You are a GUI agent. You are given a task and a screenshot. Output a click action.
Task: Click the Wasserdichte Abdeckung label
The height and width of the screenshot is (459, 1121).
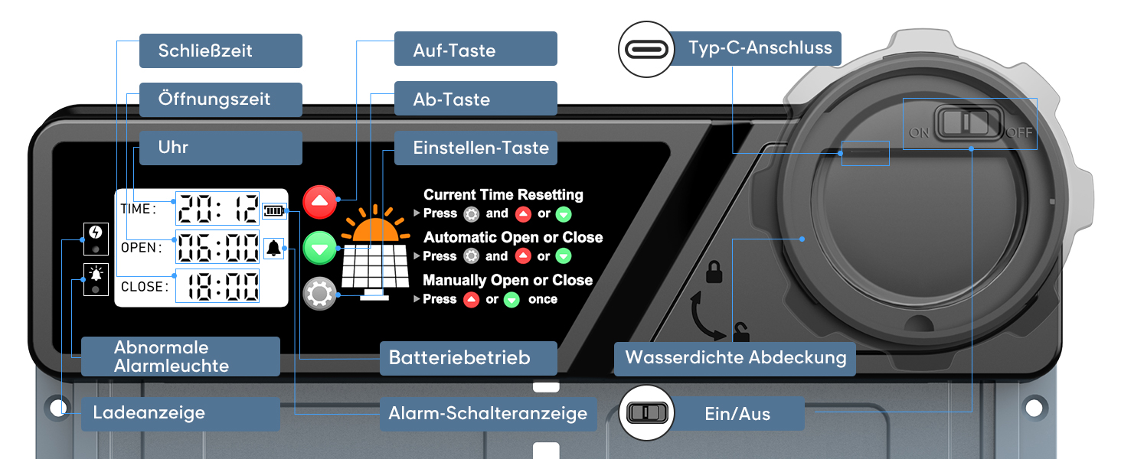pyautogui.click(x=735, y=358)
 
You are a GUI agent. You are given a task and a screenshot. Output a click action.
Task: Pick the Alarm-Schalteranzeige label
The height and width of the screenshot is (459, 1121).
pyautogui.click(x=488, y=414)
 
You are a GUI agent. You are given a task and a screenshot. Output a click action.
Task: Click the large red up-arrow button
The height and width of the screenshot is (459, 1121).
pyautogui.click(x=320, y=203)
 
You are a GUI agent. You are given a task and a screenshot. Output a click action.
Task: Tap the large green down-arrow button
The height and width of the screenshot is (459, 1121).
pyautogui.click(x=320, y=249)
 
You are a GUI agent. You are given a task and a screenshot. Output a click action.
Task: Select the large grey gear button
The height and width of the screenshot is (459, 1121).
pyautogui.click(x=320, y=294)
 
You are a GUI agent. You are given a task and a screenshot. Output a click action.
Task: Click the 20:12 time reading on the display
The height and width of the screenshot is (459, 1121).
pyautogui.click(x=217, y=208)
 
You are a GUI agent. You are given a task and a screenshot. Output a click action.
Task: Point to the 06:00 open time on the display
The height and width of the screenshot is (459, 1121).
pyautogui.click(x=217, y=248)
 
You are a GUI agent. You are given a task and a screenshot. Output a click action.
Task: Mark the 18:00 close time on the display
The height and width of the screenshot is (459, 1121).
pyautogui.click(x=217, y=287)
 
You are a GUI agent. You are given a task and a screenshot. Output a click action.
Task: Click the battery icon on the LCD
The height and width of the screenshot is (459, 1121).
pyautogui.click(x=273, y=210)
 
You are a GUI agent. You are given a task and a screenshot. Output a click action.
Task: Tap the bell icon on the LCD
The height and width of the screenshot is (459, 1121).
pyautogui.click(x=273, y=248)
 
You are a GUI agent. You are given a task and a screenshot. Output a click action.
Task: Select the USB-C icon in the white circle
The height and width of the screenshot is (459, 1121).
pyautogui.click(x=645, y=49)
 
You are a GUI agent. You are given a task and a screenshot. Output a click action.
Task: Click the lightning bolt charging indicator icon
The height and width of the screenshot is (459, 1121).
pyautogui.click(x=95, y=232)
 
